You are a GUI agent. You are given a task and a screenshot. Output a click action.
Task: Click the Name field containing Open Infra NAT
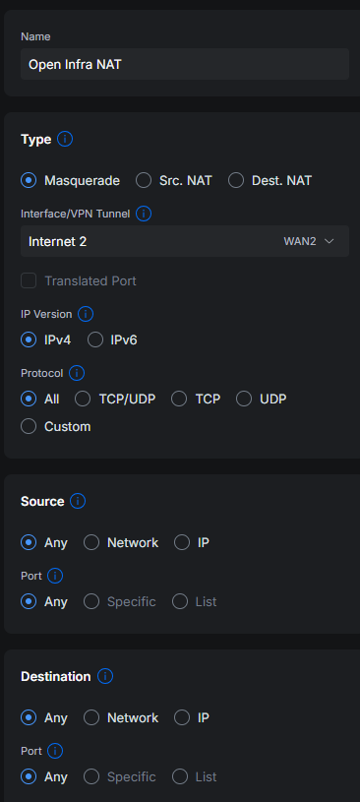coord(185,64)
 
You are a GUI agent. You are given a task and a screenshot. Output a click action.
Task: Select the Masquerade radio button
coord(29,180)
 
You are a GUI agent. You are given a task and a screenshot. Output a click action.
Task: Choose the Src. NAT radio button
coord(144,180)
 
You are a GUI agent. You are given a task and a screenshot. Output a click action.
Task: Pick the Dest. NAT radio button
coord(236,180)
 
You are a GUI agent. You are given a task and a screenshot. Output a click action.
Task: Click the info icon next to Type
coord(65,139)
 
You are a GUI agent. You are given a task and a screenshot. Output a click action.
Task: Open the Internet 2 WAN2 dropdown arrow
coord(329,241)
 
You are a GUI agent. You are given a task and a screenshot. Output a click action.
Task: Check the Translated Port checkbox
coord(29,280)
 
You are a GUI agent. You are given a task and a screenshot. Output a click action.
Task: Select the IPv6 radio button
coord(95,340)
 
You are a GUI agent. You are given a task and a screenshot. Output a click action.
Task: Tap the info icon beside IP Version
coord(86,314)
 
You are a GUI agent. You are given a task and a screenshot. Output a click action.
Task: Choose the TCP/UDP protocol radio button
coord(83,399)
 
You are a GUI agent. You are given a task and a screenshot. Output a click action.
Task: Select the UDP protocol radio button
coord(244,399)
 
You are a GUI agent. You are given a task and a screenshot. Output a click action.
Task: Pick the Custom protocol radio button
coord(29,426)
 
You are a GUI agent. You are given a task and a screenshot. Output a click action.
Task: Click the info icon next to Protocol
coord(77,373)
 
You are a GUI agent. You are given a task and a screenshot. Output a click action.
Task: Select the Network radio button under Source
coord(91,542)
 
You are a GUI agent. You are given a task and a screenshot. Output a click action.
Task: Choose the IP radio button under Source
coord(182,542)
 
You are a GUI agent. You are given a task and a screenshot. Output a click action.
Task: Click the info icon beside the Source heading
coord(78,501)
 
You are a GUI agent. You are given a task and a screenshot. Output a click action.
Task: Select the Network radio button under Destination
coord(91,718)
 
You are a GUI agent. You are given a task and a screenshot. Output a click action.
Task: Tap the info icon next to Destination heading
coord(105,677)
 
